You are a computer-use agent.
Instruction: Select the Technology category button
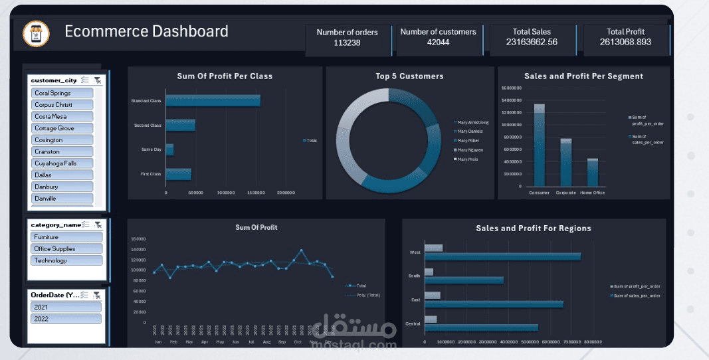66,260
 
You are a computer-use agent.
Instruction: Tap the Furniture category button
66,237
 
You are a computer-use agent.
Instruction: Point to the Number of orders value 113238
347,43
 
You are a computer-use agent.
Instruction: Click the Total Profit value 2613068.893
625,42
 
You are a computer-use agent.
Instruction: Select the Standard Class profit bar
213,101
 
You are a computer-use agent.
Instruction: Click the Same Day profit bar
169,150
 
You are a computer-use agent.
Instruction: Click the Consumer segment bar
539,146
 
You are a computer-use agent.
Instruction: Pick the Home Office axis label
592,193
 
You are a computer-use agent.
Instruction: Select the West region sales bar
502,256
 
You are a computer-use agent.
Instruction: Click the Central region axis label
412,323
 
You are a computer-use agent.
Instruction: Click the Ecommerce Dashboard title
146,31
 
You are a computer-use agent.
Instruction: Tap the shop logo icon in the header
36,35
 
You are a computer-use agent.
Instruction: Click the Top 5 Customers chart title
409,76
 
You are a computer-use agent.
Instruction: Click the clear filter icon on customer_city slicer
98,80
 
